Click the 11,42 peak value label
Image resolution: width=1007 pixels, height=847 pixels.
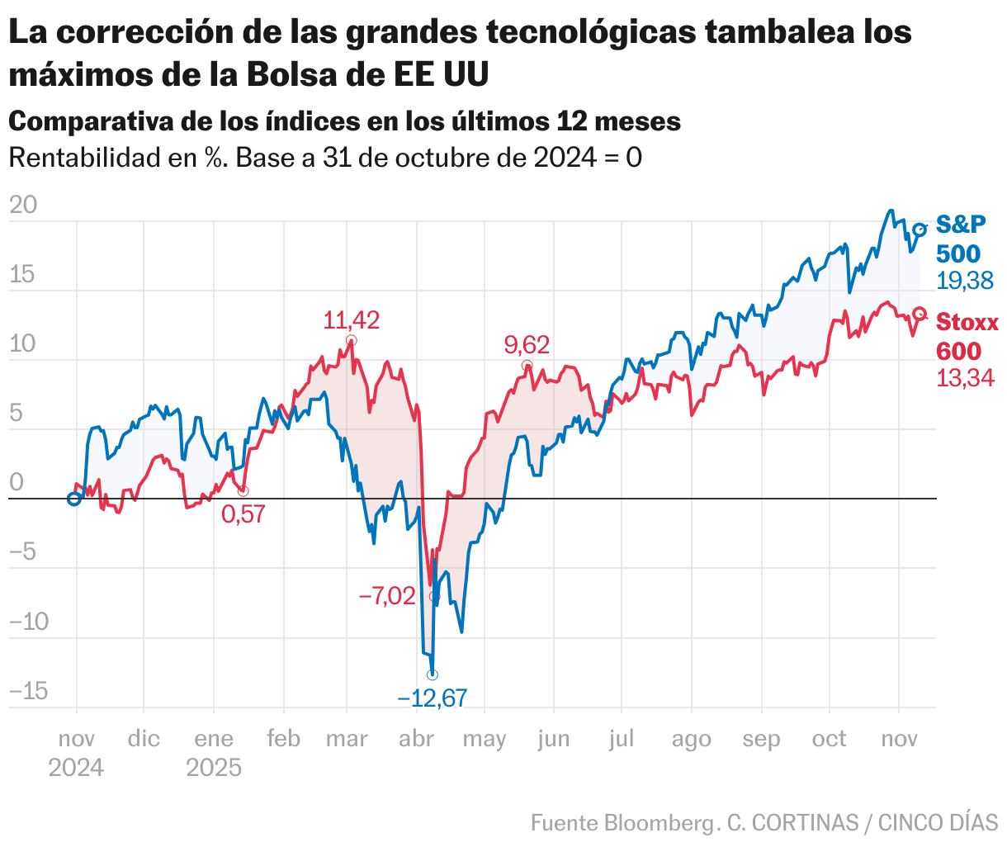pyautogui.click(x=351, y=320)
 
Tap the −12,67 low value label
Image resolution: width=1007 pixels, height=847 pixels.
pyautogui.click(x=432, y=698)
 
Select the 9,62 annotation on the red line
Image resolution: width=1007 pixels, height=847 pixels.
pyautogui.click(x=527, y=345)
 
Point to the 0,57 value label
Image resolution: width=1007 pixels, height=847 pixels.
pyautogui.click(x=243, y=514)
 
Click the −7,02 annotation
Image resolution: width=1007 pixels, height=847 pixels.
pyautogui.click(x=387, y=595)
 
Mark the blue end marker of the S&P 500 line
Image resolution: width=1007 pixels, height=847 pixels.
pyautogui.click(x=920, y=229)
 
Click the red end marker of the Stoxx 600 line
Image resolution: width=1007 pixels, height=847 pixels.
pyautogui.click(x=920, y=314)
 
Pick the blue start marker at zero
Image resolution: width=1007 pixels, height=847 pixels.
pyautogui.click(x=74, y=499)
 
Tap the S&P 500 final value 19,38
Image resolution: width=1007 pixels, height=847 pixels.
pyautogui.click(x=965, y=281)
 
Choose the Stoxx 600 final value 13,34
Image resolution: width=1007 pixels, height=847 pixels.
pyautogui.click(x=965, y=378)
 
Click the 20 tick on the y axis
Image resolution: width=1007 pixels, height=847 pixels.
pyautogui.click(x=23, y=205)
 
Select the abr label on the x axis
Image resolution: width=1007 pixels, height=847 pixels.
pyautogui.click(x=416, y=739)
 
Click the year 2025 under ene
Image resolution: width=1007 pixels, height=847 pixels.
pyautogui.click(x=214, y=768)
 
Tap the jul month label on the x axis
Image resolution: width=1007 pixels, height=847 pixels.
pyautogui.click(x=622, y=739)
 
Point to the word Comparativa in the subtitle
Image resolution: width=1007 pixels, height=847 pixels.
pyautogui.click(x=90, y=121)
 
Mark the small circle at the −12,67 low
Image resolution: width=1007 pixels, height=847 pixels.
pyautogui.click(x=432, y=674)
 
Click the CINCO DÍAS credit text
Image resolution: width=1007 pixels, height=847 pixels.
pyautogui.click(x=938, y=823)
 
